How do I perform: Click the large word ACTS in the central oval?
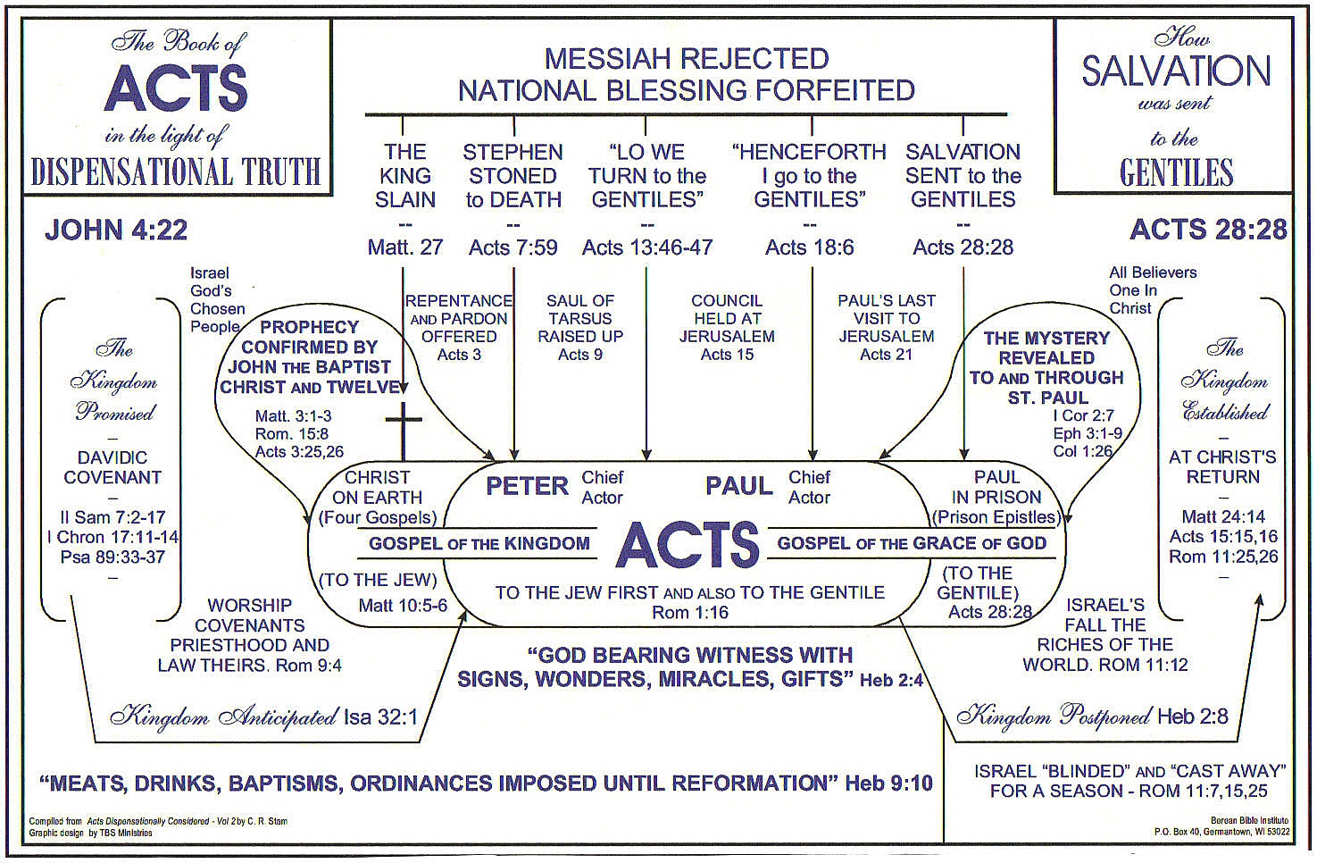(x=688, y=545)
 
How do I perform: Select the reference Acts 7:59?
(x=513, y=247)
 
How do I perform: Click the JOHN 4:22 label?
(x=116, y=230)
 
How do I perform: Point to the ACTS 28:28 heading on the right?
(x=1208, y=230)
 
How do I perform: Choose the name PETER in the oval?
(x=527, y=486)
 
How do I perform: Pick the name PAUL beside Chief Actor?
(x=738, y=486)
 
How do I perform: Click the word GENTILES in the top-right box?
(x=1176, y=172)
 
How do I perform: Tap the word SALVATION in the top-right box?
(x=1176, y=71)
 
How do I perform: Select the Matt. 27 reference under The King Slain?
(x=404, y=247)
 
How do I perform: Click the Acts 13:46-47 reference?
(x=647, y=247)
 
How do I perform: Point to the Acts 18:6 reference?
(x=809, y=247)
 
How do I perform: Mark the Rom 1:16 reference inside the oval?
(x=689, y=613)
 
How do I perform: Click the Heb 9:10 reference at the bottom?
(x=888, y=783)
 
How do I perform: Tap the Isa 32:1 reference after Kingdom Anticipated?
(x=380, y=716)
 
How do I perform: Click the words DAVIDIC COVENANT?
(x=113, y=467)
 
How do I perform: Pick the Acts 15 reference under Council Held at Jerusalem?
(x=727, y=355)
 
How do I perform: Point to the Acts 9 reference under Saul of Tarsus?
(x=579, y=355)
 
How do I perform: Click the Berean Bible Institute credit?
(x=1249, y=820)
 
